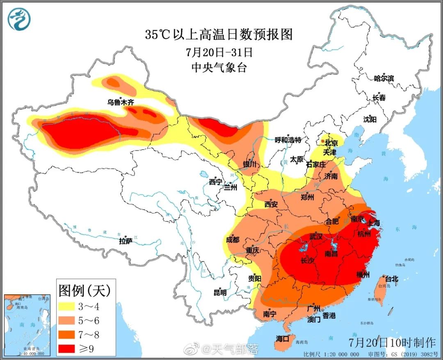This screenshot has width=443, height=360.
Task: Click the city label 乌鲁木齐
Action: [121, 102]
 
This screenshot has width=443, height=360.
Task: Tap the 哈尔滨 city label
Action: [384, 78]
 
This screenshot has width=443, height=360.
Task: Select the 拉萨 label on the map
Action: [126, 241]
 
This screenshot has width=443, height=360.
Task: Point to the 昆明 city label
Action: [220, 293]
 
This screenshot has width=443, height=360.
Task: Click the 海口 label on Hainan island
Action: [283, 339]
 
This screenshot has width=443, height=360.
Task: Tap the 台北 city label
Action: [391, 279]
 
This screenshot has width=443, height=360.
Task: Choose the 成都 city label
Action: [233, 240]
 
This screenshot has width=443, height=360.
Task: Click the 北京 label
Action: [331, 143]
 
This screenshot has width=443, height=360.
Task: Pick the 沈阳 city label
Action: [370, 119]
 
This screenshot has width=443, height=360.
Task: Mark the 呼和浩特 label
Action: [288, 140]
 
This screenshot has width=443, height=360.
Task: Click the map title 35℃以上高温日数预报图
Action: [219, 34]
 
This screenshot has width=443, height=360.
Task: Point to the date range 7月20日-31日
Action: [219, 52]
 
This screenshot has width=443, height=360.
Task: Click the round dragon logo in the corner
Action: [19, 19]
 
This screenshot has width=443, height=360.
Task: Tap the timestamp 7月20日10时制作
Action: [392, 342]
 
